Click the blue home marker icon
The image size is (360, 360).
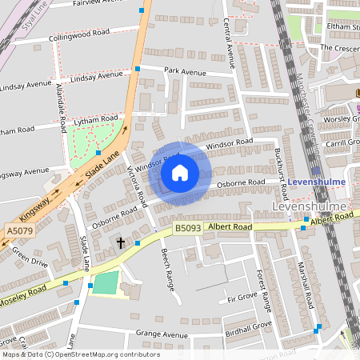(180, 173)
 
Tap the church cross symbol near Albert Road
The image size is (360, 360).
(122, 242)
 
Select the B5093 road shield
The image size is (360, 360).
(188, 228)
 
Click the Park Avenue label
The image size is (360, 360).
(185, 71)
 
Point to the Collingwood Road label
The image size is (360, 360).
(78, 35)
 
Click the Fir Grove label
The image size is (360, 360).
(242, 297)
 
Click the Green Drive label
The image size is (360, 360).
(30, 257)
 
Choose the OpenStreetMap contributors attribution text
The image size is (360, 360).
(80, 354)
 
